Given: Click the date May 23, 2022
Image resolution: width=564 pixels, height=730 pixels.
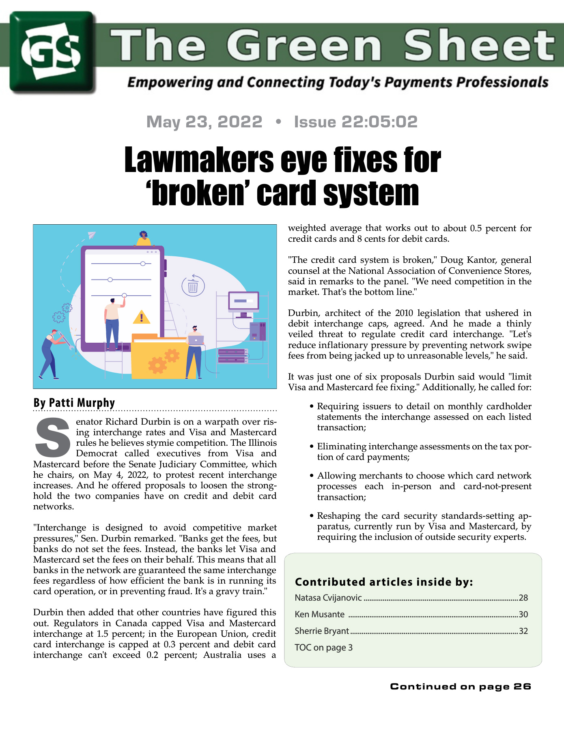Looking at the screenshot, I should (204, 122).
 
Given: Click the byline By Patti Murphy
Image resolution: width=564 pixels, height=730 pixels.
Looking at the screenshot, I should (74, 403).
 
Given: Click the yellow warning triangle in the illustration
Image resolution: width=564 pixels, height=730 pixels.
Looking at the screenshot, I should (142, 317).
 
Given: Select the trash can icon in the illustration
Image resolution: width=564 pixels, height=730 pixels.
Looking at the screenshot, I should (193, 286).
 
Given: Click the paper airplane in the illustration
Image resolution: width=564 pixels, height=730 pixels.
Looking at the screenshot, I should (91, 235).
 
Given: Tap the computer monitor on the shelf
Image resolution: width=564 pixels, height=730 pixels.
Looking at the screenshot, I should (243, 302).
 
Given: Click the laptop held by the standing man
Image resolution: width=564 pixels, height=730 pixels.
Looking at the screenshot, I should (196, 340).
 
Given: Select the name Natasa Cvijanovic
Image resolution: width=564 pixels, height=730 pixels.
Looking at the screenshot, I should (328, 598).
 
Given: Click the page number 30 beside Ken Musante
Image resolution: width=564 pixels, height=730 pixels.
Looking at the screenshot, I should (523, 614).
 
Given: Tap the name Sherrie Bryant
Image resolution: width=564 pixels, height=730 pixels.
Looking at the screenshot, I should (322, 631).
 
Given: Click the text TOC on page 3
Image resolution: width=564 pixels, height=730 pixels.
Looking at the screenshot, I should (324, 648).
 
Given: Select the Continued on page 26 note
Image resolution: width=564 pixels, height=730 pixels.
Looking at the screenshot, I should (461, 686).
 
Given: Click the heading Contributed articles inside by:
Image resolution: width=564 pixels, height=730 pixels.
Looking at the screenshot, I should (384, 582).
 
